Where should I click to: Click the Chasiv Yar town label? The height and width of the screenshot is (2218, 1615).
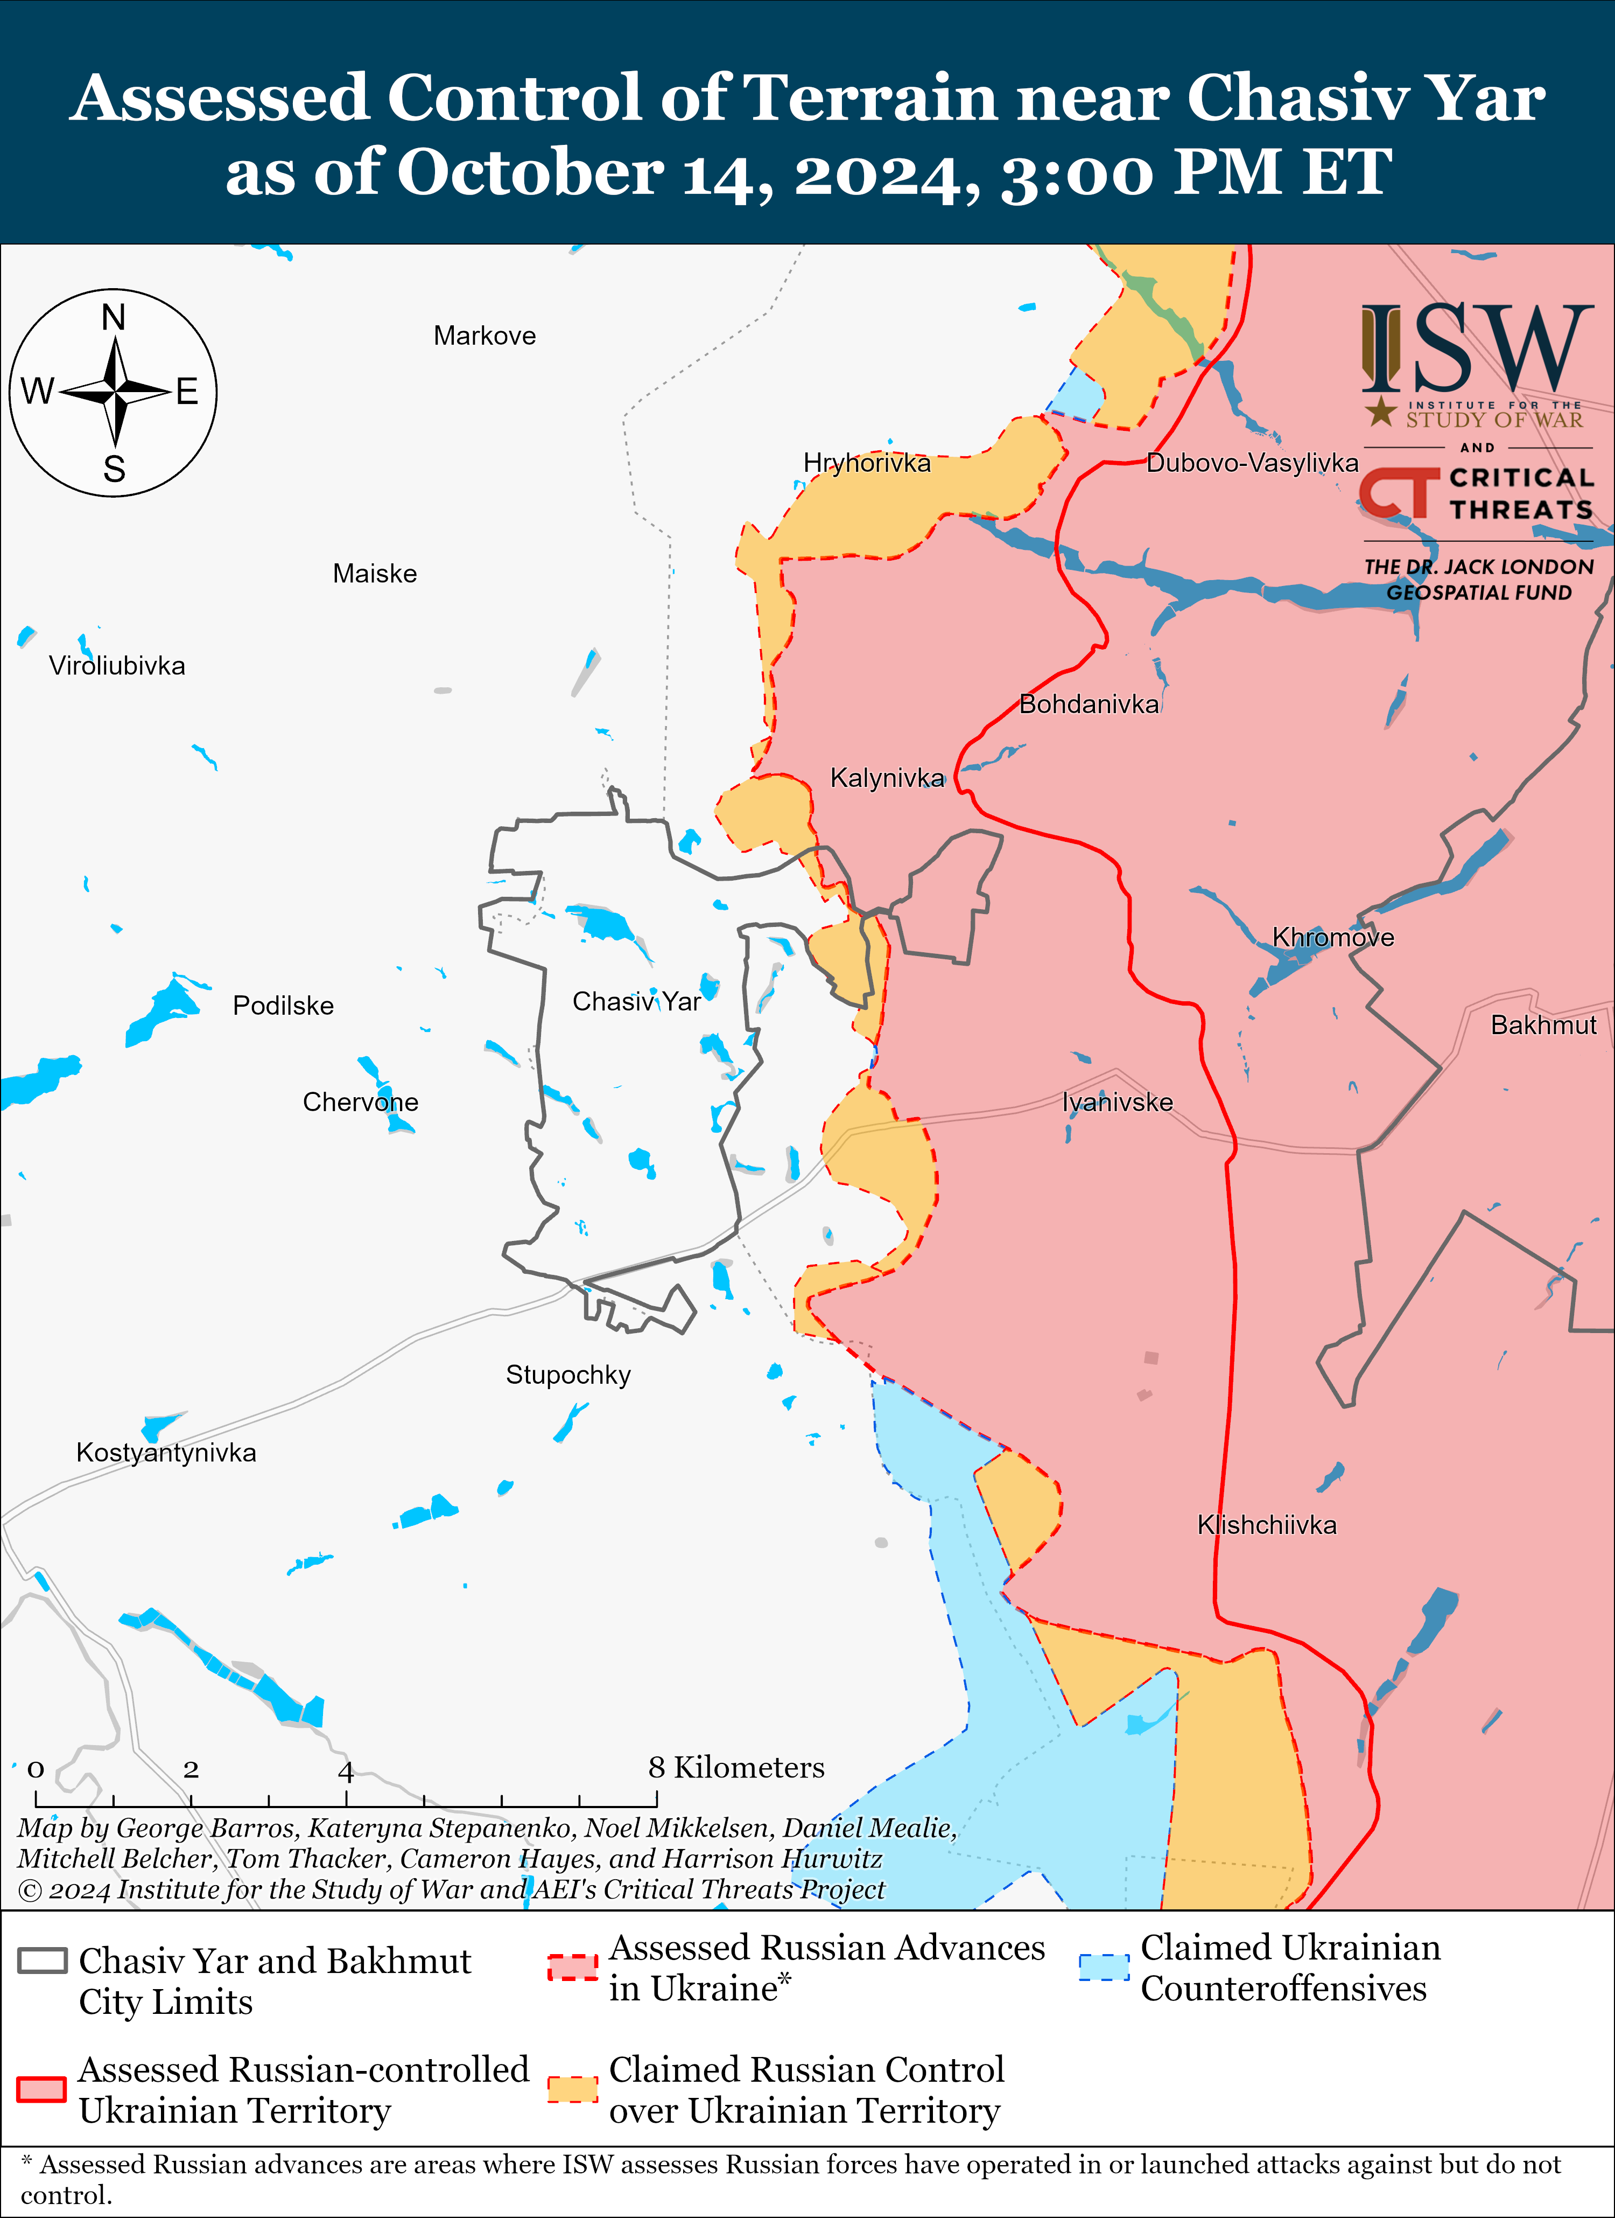coord(636,1001)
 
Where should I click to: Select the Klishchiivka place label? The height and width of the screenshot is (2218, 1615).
coord(1266,1525)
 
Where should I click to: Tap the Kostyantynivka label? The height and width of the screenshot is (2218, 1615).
coord(166,1452)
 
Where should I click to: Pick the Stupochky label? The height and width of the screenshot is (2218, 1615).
coord(568,1375)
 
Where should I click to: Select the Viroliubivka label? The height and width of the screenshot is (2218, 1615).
coord(116,666)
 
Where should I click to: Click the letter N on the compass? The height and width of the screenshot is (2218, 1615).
coord(114,318)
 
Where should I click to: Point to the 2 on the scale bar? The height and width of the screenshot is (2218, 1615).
coord(191,1769)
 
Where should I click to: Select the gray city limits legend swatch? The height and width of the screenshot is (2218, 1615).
coord(42,1961)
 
